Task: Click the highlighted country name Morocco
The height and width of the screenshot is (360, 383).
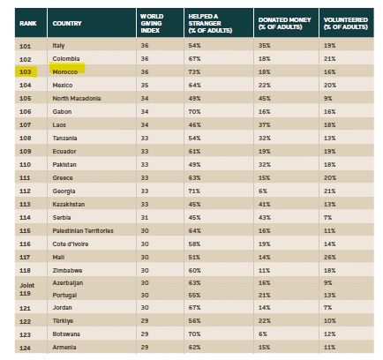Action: (x=65, y=71)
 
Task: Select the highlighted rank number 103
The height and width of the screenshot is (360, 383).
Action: (x=26, y=71)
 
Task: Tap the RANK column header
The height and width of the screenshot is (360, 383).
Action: (x=28, y=23)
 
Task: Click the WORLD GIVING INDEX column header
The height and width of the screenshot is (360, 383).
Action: (x=152, y=23)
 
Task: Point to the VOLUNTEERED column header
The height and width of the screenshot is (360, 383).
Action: (x=346, y=23)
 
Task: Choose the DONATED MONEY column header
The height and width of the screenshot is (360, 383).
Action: (x=284, y=23)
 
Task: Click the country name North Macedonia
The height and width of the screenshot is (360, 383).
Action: (x=77, y=98)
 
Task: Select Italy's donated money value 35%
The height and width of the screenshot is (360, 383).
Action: (x=264, y=46)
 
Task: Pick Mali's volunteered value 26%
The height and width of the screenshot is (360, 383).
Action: (x=329, y=257)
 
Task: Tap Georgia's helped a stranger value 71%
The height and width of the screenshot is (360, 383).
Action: (x=194, y=191)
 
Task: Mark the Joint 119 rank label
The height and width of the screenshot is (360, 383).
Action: (x=27, y=289)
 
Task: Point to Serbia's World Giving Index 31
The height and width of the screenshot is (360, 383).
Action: (x=145, y=217)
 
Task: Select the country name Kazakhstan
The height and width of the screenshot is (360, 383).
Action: (x=69, y=204)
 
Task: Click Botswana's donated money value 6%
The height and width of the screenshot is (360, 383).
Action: (x=263, y=334)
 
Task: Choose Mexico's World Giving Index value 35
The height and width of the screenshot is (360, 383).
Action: (x=145, y=85)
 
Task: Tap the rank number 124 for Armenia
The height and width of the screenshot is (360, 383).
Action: (x=25, y=348)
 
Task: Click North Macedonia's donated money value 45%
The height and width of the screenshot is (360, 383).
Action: (x=265, y=98)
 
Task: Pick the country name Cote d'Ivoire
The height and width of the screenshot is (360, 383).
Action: (x=71, y=244)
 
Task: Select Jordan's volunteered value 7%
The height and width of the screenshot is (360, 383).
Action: (x=327, y=308)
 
